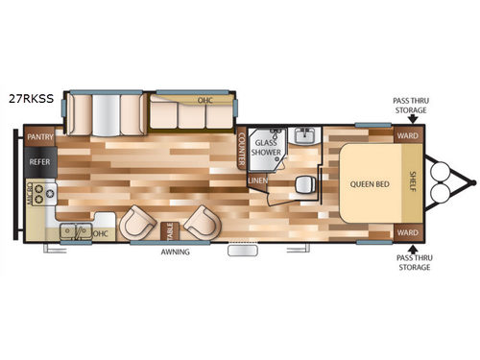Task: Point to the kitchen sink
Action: pyautogui.click(x=78, y=232)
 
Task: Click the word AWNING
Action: pyautogui.click(x=176, y=253)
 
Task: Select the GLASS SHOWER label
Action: pyautogui.click(x=266, y=146)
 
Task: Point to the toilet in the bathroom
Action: pyautogui.click(x=303, y=183)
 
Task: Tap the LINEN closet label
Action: pyautogui.click(x=257, y=180)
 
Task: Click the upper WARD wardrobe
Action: pyautogui.click(x=407, y=135)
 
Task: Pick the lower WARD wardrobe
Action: pyautogui.click(x=407, y=232)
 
